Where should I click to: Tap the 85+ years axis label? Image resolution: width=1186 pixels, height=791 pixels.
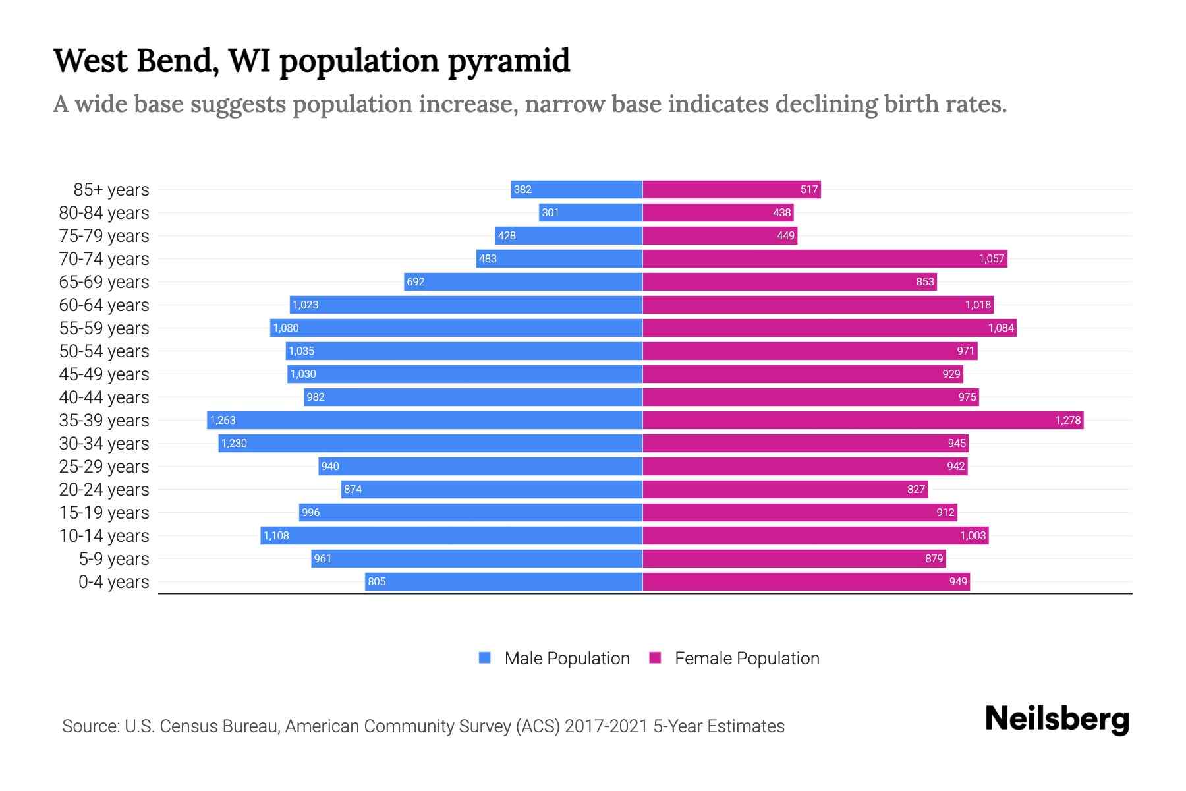point(111,190)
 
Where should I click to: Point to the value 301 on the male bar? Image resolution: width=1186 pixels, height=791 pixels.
point(550,212)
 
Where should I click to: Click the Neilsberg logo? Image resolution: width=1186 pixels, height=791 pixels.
point(1057,719)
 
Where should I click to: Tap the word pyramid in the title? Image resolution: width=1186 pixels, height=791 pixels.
point(509,61)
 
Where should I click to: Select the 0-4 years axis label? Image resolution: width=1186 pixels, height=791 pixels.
point(113,582)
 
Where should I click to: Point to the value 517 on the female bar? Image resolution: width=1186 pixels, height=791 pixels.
point(809,190)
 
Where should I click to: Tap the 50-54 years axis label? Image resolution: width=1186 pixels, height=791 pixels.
point(104,351)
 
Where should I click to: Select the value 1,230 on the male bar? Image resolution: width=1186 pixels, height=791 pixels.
point(234,443)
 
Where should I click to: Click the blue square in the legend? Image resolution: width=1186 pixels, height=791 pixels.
point(485,658)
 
